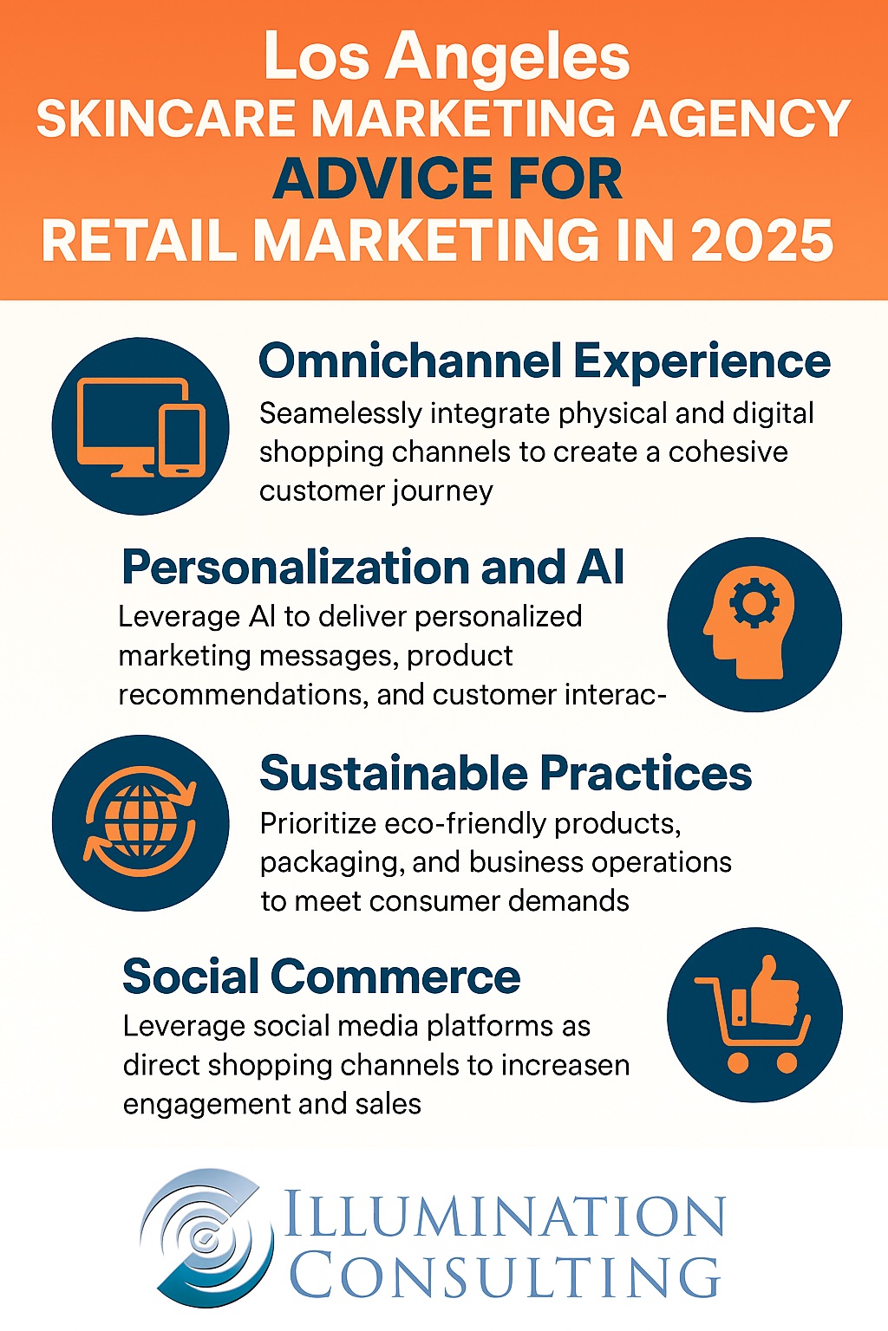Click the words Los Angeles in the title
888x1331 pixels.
click(447, 57)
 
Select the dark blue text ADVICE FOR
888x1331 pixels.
click(447, 179)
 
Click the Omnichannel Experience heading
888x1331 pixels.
click(545, 360)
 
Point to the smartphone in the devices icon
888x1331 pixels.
click(183, 441)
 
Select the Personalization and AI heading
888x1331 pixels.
click(373, 567)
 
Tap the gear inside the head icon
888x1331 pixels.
click(754, 603)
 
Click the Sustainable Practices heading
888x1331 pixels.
click(506, 773)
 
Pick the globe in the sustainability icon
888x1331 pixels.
click(141, 821)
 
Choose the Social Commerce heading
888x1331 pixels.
click(321, 976)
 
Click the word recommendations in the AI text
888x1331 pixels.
click(242, 694)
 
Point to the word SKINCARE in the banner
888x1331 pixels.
click(166, 118)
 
